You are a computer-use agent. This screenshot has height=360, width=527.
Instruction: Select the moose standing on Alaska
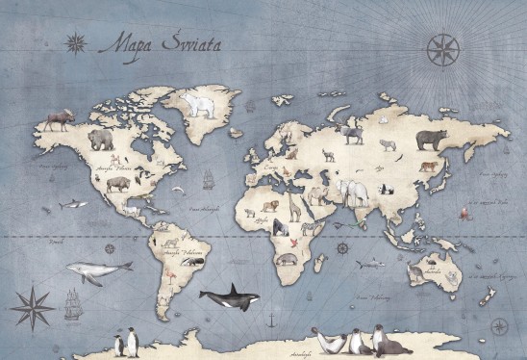coord(57,118)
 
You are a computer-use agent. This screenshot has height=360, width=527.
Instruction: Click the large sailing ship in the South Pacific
coord(74,305)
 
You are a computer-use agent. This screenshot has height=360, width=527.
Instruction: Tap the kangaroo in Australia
coord(416,272)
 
